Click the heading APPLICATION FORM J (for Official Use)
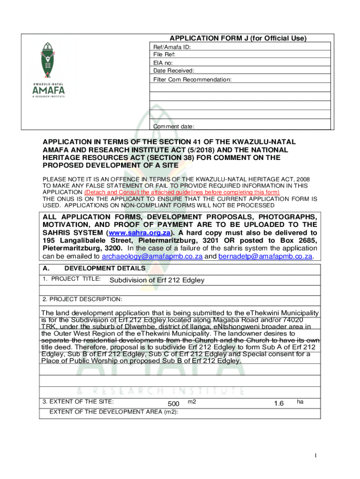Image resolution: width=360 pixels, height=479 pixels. coord(238,38)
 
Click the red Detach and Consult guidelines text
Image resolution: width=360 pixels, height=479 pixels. coord(182,192)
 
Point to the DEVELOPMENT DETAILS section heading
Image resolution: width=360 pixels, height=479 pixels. coord(104,269)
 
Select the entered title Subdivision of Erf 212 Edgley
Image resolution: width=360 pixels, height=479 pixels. coord(157,280)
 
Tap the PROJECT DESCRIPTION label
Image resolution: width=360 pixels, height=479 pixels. coord(82,299)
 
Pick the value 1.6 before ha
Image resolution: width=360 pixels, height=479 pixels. coord(279,403)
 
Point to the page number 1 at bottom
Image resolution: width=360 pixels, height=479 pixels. coord(317,456)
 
